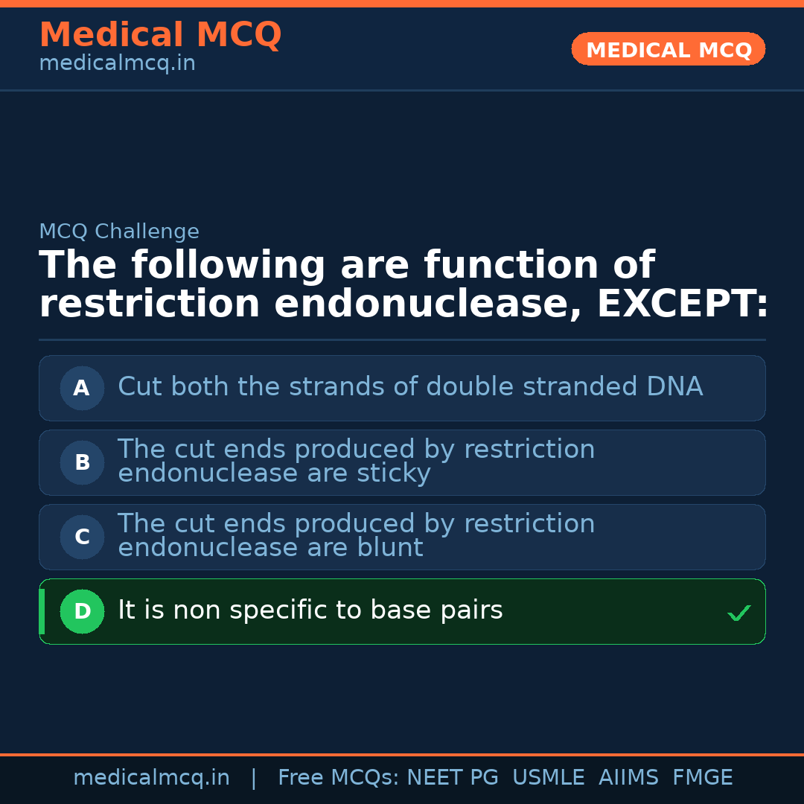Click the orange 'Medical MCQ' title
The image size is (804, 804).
160,35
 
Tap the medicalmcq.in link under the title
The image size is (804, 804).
117,64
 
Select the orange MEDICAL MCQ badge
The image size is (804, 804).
668,50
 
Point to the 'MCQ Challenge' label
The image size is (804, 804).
119,232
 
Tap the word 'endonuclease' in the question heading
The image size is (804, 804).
427,304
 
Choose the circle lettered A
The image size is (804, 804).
82,388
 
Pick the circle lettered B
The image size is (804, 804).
82,462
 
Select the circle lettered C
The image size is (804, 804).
82,537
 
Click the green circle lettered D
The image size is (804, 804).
82,611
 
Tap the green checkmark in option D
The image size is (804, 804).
738,613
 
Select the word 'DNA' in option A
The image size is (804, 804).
674,387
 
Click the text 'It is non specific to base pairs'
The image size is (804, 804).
310,610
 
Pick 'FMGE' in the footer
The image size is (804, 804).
702,778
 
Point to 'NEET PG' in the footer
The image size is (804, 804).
453,778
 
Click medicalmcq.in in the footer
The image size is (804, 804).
151,778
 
